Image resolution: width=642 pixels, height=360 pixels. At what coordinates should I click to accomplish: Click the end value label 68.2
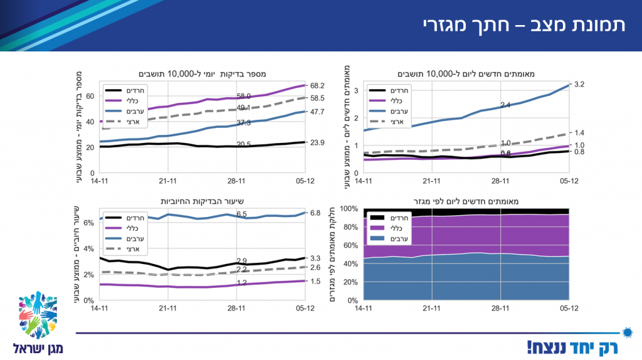[317, 85]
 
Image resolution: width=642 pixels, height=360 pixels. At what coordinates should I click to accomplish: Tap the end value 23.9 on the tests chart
[317, 142]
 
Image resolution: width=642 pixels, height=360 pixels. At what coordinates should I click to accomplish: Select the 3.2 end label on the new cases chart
[579, 84]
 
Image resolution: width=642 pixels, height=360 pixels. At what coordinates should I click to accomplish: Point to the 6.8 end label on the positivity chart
[315, 213]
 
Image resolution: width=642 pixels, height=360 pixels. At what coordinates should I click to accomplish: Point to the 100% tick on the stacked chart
[349, 209]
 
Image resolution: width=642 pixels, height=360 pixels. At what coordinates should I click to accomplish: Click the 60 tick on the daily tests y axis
[90, 97]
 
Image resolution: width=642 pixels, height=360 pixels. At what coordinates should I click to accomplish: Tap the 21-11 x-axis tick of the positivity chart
[168, 308]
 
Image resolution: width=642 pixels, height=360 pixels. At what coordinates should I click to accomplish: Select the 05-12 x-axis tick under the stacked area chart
[569, 308]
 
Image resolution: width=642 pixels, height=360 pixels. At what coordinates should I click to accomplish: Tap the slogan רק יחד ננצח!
[572, 346]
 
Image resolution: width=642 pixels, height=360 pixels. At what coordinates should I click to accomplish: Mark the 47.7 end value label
[317, 112]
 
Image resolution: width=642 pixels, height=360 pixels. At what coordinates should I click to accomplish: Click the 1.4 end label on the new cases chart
[579, 133]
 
